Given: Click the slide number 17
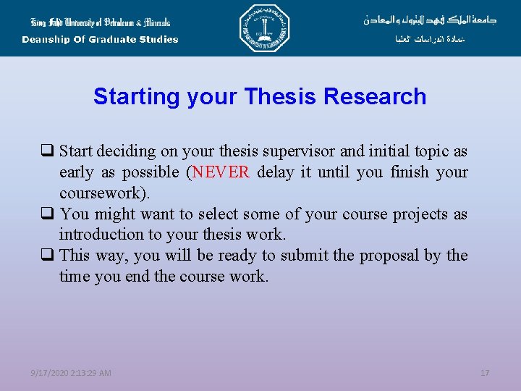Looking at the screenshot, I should point(485,373).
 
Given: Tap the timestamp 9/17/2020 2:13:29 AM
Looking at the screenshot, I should point(71,373).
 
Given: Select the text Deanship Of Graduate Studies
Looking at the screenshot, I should point(100,40).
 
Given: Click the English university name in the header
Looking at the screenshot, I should point(100,22).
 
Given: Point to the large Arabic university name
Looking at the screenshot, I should point(430,20).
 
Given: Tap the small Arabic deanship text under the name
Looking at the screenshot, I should point(431,40).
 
